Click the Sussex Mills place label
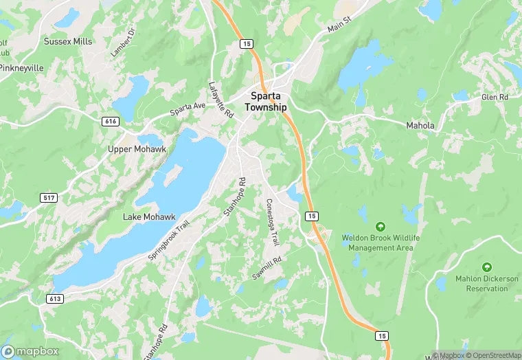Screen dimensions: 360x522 pyautogui.click(x=67, y=41)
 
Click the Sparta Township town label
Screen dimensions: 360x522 pyautogui.click(x=269, y=102)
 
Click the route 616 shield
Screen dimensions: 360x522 pyautogui.click(x=111, y=121)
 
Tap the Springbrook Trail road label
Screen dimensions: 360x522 pyautogui.click(x=168, y=239)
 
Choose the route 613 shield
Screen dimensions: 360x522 pyautogui.click(x=55, y=299)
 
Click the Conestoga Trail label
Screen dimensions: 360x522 pyautogui.click(x=273, y=222)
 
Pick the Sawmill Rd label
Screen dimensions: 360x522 pyautogui.click(x=267, y=264)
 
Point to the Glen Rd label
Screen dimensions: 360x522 pyautogui.click(x=494, y=98)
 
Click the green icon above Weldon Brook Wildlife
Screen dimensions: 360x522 pyautogui.click(x=380, y=226)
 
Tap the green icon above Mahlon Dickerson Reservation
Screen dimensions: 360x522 pyautogui.click(x=487, y=267)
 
